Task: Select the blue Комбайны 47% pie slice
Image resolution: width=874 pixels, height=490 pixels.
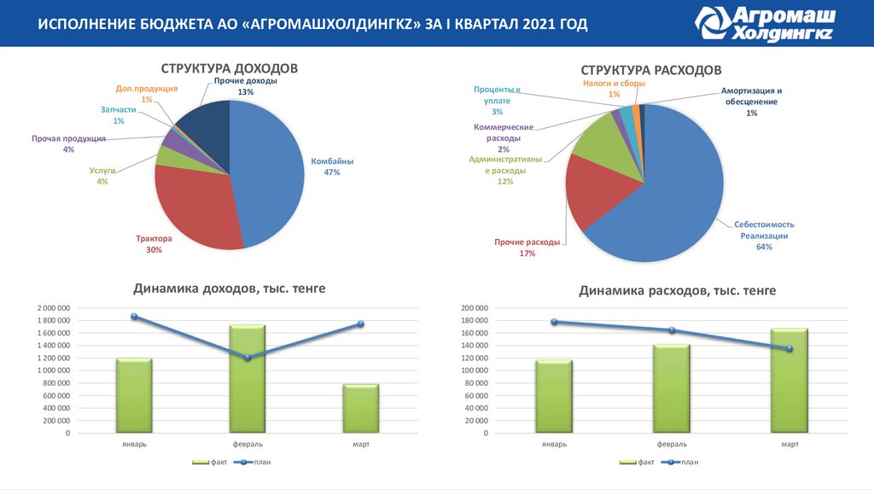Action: tap(269, 171)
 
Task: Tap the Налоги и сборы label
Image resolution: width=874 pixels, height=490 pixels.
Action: tap(614, 89)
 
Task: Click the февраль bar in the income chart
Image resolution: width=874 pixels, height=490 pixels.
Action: tap(248, 379)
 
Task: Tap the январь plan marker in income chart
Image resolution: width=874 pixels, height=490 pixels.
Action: tap(134, 317)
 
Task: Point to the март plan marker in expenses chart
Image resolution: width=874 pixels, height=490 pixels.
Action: tap(789, 348)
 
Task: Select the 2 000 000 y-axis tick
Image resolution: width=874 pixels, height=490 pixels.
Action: tap(54, 307)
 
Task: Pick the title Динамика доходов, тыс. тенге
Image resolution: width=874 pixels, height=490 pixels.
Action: tap(229, 289)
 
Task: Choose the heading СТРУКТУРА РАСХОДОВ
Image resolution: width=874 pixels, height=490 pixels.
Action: tap(651, 69)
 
